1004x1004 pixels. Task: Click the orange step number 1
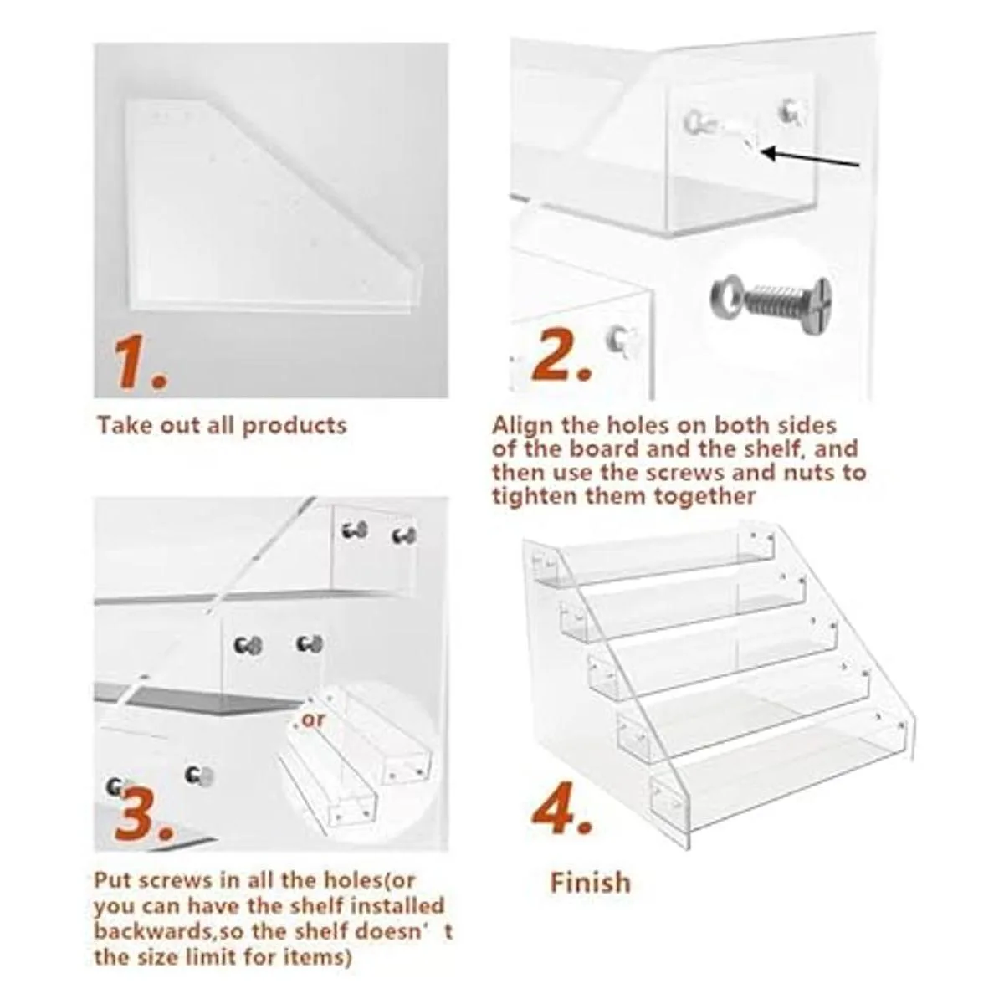pyautogui.click(x=140, y=361)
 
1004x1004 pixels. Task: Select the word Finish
pyautogui.click(x=591, y=880)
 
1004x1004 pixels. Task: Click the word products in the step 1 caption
pyautogui.click(x=295, y=426)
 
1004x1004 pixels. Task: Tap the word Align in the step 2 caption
pyautogui.click(x=524, y=426)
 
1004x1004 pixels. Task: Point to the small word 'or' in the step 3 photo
pyautogui.click(x=310, y=720)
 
